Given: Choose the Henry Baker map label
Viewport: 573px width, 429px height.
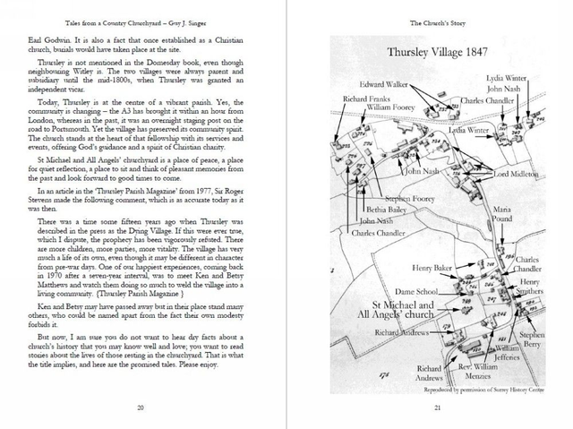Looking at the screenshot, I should (x=432, y=268).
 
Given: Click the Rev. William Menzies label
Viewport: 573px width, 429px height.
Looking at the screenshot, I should (x=472, y=371).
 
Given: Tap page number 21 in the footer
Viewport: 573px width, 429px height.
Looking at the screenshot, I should (x=436, y=408).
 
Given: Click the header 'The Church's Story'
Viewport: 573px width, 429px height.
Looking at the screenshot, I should (x=436, y=20).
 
